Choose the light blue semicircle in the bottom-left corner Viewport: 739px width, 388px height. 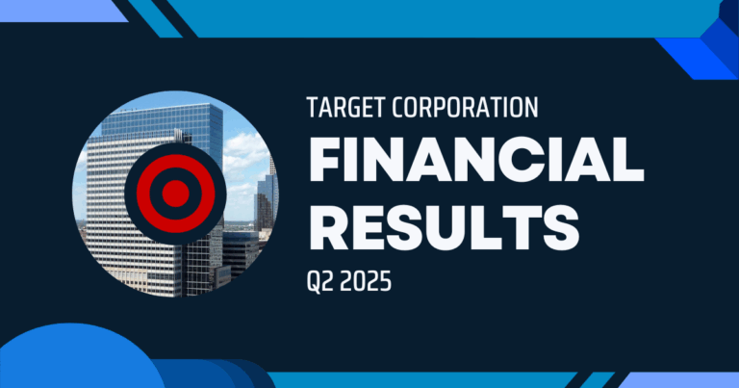[x=67, y=361]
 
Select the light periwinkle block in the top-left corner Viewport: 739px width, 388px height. [x=58, y=10]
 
